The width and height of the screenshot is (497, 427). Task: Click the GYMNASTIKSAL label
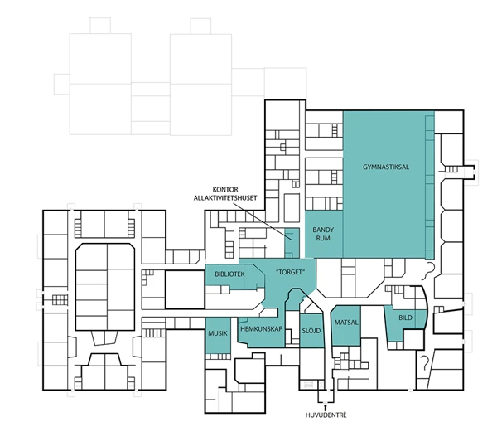tap(386, 167)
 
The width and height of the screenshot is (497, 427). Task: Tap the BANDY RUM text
tap(323, 234)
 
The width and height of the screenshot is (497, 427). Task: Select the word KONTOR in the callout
tap(225, 190)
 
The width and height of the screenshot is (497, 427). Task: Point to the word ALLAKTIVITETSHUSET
tap(225, 198)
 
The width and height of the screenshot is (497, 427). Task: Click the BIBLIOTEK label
tap(229, 274)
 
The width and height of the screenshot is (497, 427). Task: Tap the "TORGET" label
tap(291, 272)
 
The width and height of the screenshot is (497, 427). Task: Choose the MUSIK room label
tap(218, 333)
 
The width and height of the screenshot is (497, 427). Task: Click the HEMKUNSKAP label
tap(262, 329)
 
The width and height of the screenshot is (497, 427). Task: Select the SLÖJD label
tap(311, 331)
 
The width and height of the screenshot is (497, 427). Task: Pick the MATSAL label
tap(346, 323)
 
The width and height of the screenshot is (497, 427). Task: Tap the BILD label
tap(405, 318)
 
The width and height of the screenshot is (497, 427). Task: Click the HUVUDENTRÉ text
tap(326, 415)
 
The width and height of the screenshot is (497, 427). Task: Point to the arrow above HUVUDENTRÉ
tap(326, 407)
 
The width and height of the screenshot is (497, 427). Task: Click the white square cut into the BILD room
tap(413, 339)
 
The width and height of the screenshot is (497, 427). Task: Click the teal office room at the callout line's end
tap(292, 243)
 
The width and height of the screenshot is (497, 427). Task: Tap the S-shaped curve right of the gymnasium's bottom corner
tap(429, 272)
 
